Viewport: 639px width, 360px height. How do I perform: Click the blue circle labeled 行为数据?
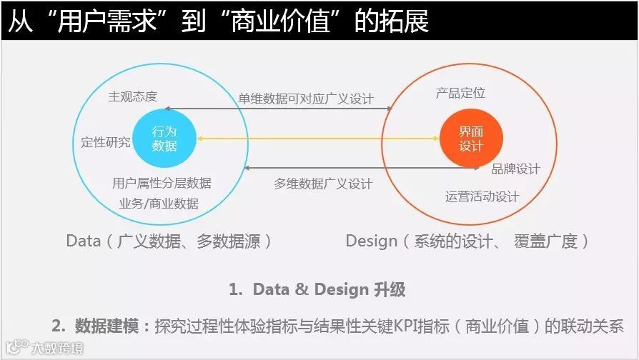[164, 139]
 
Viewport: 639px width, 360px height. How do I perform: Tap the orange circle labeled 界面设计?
[471, 139]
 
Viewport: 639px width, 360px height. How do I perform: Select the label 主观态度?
[133, 96]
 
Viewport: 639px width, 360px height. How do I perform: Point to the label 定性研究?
[106, 141]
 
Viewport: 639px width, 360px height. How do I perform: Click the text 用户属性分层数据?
[162, 183]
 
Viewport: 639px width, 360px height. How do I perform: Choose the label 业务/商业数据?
[159, 203]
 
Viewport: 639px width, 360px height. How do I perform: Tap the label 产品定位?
[460, 94]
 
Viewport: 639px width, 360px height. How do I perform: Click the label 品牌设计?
[515, 169]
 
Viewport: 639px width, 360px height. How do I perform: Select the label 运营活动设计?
[482, 196]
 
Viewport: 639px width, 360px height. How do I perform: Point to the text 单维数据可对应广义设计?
[306, 99]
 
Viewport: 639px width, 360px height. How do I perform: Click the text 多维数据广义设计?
[323, 184]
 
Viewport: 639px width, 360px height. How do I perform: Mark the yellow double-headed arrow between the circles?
[317, 139]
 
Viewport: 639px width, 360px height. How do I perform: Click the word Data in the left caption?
[83, 241]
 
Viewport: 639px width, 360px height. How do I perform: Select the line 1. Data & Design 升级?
[317, 289]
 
